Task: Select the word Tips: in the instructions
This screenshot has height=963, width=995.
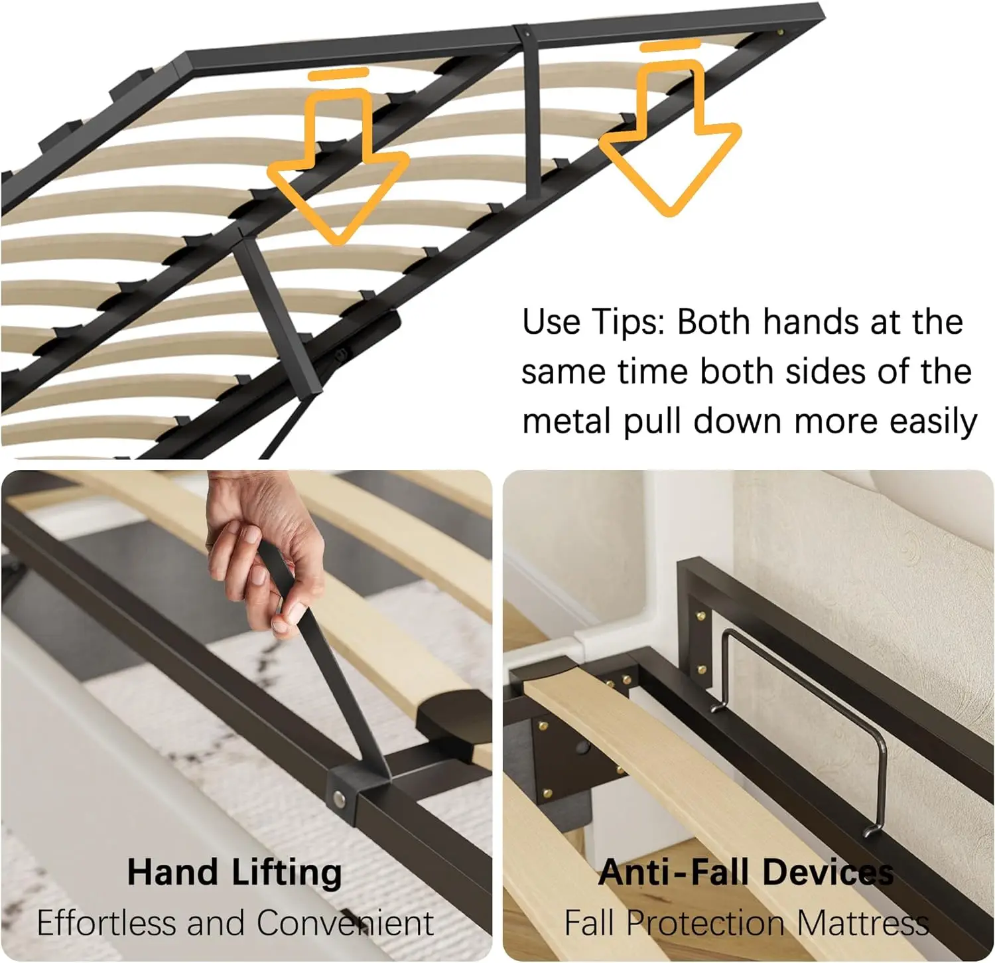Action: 628,323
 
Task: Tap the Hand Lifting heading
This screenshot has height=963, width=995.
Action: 234,872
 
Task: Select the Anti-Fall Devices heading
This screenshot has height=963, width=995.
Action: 746,872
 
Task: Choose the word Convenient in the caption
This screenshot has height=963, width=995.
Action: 345,923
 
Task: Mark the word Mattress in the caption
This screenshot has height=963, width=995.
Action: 862,923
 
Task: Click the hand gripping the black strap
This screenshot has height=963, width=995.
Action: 265,551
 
